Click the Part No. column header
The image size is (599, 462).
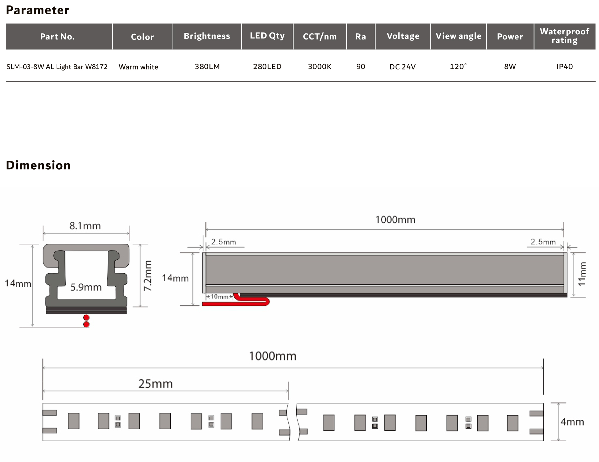click(x=57, y=37)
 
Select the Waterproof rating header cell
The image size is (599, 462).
click(x=564, y=36)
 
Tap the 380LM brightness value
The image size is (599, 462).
click(x=207, y=66)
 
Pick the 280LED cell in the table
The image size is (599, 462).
click(x=267, y=66)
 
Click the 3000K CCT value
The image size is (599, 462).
click(x=320, y=66)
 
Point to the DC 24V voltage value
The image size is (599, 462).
click(x=403, y=67)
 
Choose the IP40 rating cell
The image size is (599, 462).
click(x=564, y=66)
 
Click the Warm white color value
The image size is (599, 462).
click(x=138, y=67)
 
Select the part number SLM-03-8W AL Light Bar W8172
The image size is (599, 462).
click(x=57, y=67)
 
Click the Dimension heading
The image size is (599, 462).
click(x=38, y=165)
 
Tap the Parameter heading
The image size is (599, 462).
click(x=38, y=10)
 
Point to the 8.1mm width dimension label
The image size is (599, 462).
click(x=85, y=226)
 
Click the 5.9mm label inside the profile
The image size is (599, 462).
click(x=86, y=287)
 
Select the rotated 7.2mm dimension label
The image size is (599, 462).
click(x=148, y=276)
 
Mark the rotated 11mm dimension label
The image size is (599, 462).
click(x=582, y=274)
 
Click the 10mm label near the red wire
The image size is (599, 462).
click(x=219, y=297)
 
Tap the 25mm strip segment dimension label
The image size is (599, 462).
click(x=155, y=384)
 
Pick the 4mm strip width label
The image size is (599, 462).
click(x=572, y=422)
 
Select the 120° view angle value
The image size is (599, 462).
click(x=458, y=66)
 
